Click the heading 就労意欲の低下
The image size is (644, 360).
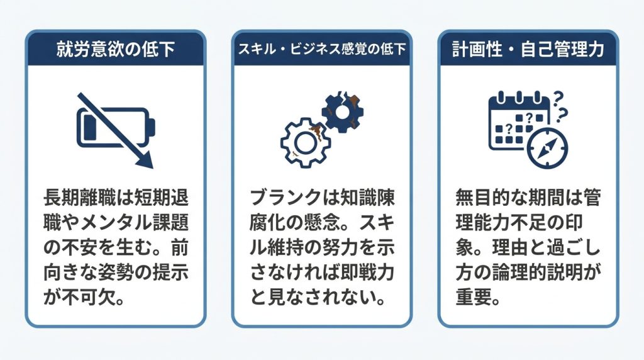pos(116,49)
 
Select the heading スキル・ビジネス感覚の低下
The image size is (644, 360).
pos(321,49)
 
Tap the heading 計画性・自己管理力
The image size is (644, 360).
pos(528,49)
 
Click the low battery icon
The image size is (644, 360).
pos(116,127)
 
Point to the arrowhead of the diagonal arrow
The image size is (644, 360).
pos(145,160)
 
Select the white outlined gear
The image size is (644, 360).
pos(304,142)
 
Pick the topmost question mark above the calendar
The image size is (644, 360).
pos(558,98)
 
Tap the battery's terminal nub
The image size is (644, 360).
pos(152,127)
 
